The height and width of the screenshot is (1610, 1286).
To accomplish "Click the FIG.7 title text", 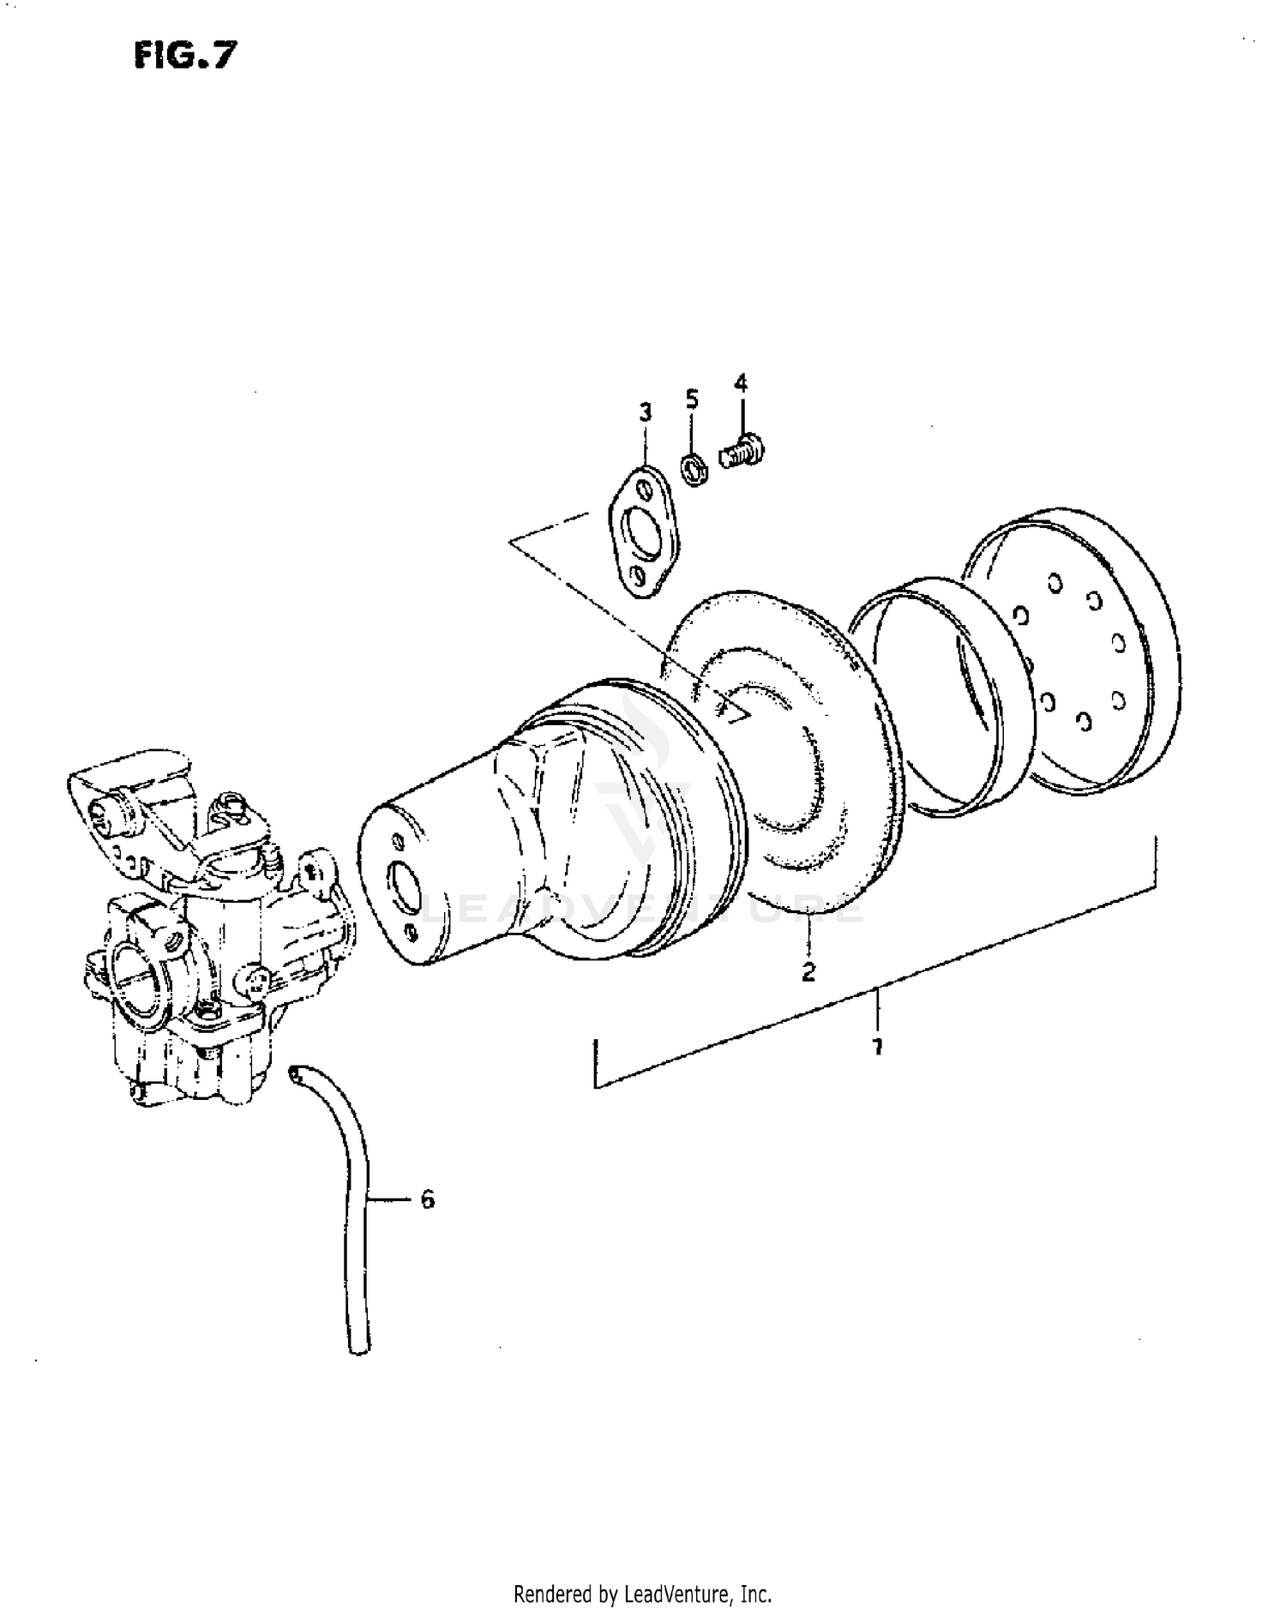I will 184,56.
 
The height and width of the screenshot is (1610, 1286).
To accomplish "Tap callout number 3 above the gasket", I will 645,412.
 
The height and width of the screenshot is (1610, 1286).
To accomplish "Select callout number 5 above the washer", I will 691,399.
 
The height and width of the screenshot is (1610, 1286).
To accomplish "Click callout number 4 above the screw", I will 741,383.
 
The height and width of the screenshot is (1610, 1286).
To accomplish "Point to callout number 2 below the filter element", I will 808,971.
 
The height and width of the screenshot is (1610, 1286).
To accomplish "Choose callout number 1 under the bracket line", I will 877,1047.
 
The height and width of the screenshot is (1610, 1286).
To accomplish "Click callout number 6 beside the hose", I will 428,1198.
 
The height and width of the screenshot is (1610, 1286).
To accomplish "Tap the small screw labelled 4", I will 742,451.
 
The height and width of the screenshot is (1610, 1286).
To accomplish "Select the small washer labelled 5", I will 693,470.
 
